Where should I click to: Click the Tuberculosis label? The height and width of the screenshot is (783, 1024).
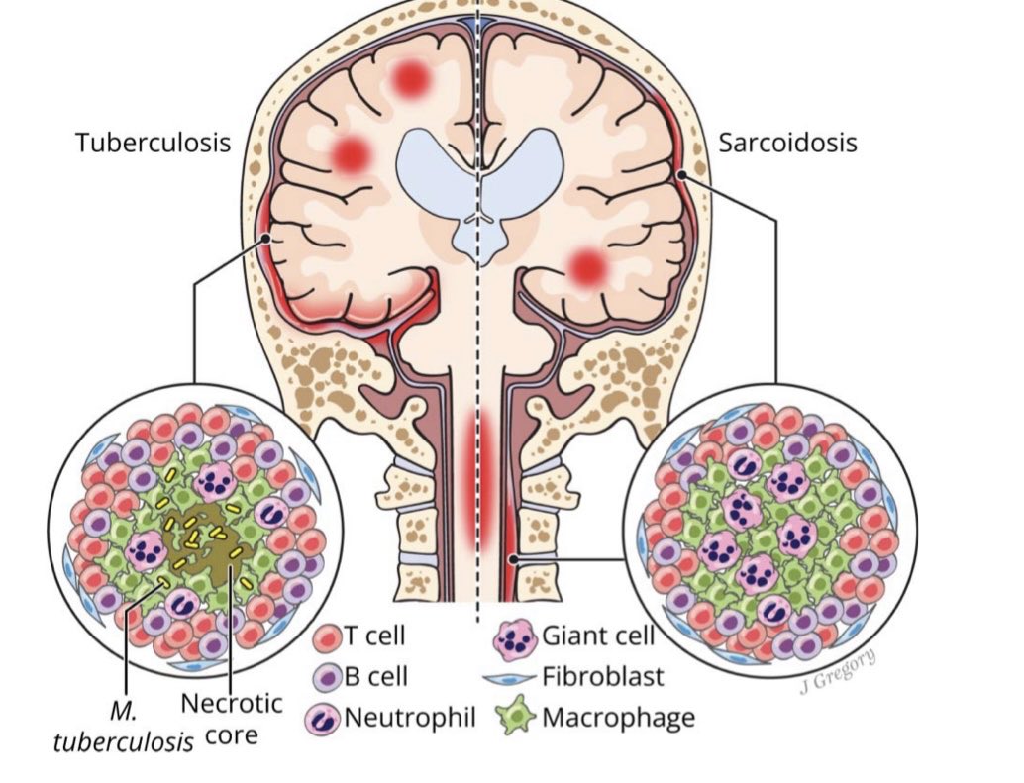[x=153, y=143]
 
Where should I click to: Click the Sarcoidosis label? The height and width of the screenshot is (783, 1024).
[x=787, y=143]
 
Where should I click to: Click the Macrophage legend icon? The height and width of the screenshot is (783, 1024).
[x=513, y=716]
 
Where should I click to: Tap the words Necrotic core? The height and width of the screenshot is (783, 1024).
[x=232, y=720]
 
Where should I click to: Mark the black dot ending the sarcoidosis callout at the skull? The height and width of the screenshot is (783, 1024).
[x=681, y=175]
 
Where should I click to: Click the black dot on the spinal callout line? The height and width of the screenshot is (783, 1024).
[x=513, y=560]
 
